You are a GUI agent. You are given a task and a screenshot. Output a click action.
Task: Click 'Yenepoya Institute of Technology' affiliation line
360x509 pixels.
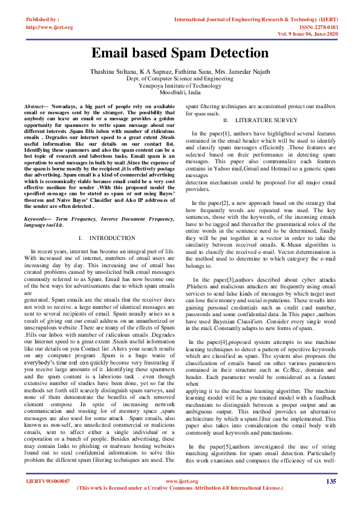point(180,86)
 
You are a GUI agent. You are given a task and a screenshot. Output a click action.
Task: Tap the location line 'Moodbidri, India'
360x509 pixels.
point(180,93)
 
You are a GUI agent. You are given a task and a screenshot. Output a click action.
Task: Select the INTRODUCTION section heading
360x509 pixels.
point(112,238)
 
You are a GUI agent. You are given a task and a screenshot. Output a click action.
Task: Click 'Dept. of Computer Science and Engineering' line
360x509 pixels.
point(180,79)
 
